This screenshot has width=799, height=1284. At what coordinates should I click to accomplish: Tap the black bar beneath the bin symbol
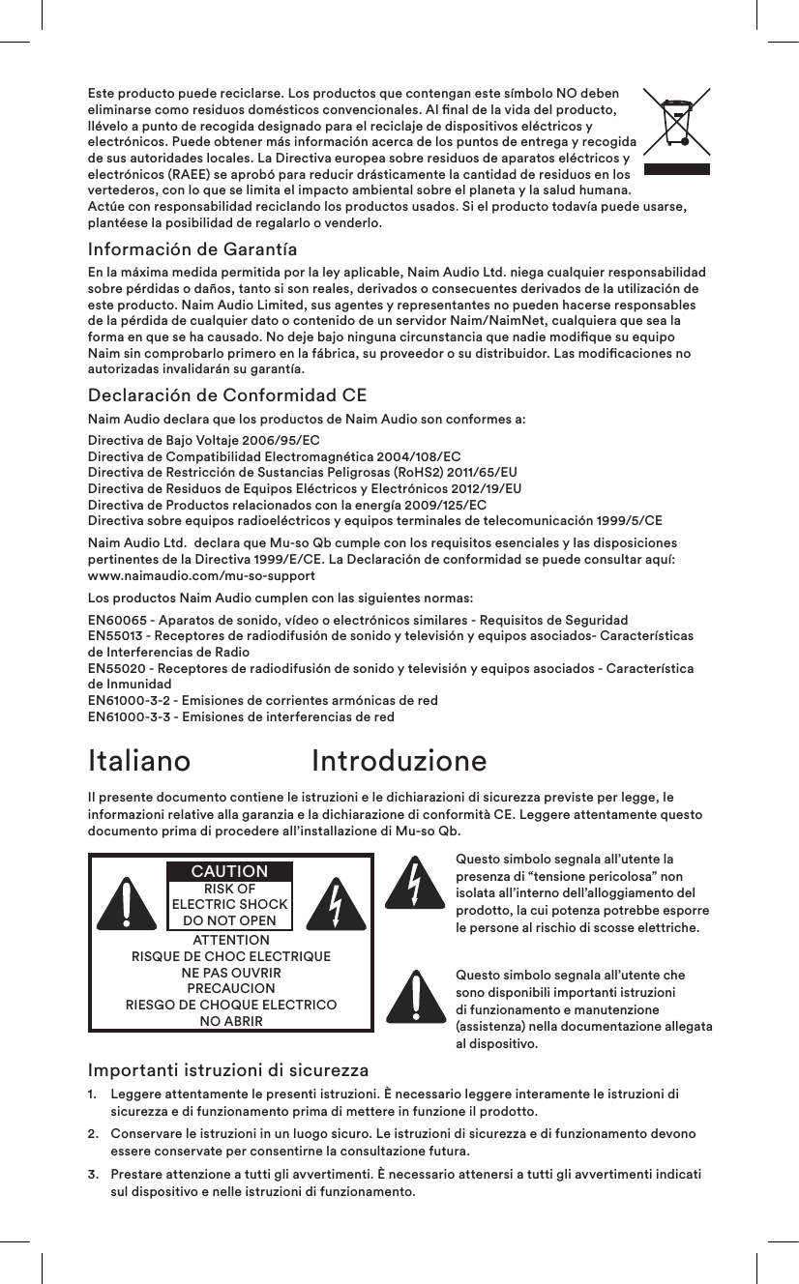[x=676, y=168]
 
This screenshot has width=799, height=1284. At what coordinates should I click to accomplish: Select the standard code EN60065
[x=119, y=620]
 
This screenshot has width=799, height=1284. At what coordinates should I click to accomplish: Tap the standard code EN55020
[x=119, y=669]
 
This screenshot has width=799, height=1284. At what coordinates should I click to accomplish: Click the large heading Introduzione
[x=399, y=761]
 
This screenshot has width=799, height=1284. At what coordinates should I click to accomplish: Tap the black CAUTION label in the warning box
[x=229, y=872]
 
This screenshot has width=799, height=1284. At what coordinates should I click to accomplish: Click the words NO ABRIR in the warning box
[x=230, y=1020]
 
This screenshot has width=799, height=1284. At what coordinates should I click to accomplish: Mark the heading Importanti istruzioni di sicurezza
[x=228, y=1071]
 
